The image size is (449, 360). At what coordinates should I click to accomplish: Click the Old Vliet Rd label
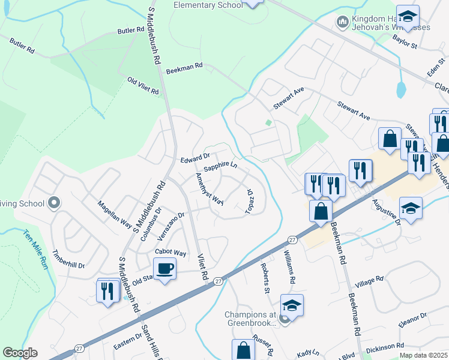[143, 86]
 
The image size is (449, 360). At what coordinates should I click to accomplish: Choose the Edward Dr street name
[194, 160]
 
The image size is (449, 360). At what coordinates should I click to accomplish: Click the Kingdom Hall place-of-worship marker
[343, 22]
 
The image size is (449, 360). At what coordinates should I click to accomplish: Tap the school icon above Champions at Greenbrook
[292, 306]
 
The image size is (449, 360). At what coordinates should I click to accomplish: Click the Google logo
[20, 353]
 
